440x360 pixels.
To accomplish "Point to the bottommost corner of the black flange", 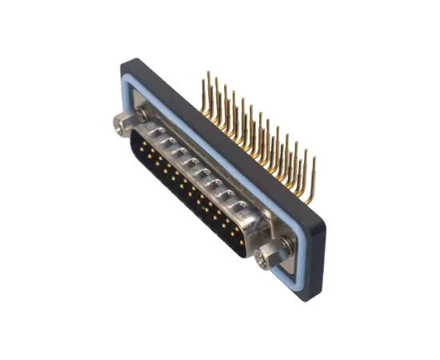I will pos(303,300).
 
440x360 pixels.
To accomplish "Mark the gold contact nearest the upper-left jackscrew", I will pos(144,144).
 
